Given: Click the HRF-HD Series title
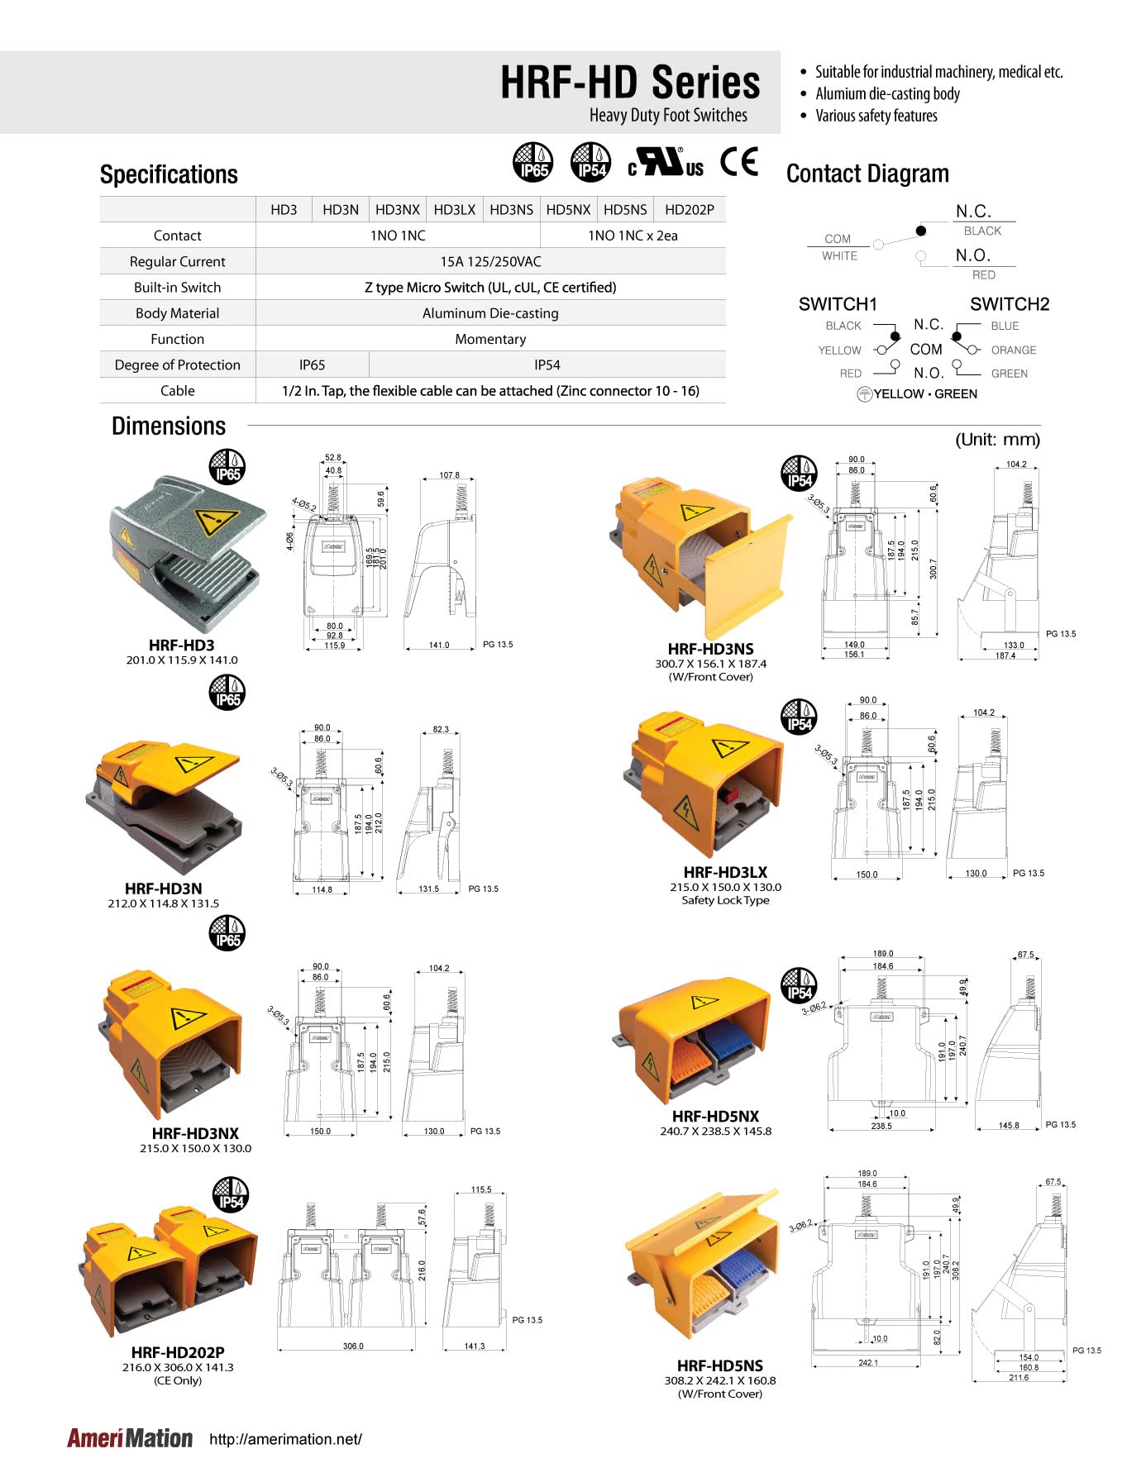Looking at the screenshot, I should pyautogui.click(x=629, y=83).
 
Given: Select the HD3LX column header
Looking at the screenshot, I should pyautogui.click(x=454, y=210).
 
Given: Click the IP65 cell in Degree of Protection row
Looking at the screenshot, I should pyautogui.click(x=312, y=365).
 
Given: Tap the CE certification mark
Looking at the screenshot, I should pyautogui.click(x=738, y=162).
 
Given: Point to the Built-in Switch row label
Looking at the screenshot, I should pyautogui.click(x=177, y=288).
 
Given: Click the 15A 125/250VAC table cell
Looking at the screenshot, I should pyautogui.click(x=490, y=262).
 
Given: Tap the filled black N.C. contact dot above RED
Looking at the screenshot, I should pyautogui.click(x=920, y=231).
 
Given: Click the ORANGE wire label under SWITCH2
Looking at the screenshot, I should pyautogui.click(x=1013, y=350).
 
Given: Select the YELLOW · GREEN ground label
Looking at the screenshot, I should pyautogui.click(x=924, y=394).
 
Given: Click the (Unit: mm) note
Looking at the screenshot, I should pyautogui.click(x=997, y=440).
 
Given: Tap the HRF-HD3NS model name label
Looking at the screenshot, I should pyautogui.click(x=710, y=649).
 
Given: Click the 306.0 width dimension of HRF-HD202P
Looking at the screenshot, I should pyautogui.click(x=353, y=1346).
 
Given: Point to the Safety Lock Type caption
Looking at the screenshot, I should pyautogui.click(x=725, y=900).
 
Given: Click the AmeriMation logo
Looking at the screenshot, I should pyautogui.click(x=130, y=1439).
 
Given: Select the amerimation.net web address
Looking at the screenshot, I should pyautogui.click(x=285, y=1440).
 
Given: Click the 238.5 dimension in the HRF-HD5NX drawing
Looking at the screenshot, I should pyautogui.click(x=881, y=1126).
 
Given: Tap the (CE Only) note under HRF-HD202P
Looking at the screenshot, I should pyautogui.click(x=178, y=1380).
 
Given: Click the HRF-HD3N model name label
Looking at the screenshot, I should pyautogui.click(x=163, y=889).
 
